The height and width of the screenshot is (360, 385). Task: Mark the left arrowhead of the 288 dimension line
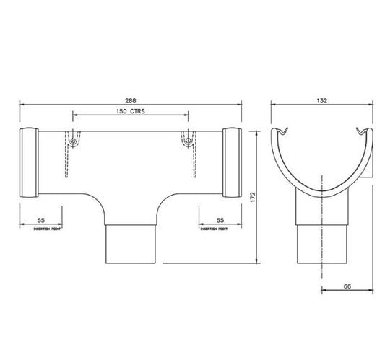coord(21,104)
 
